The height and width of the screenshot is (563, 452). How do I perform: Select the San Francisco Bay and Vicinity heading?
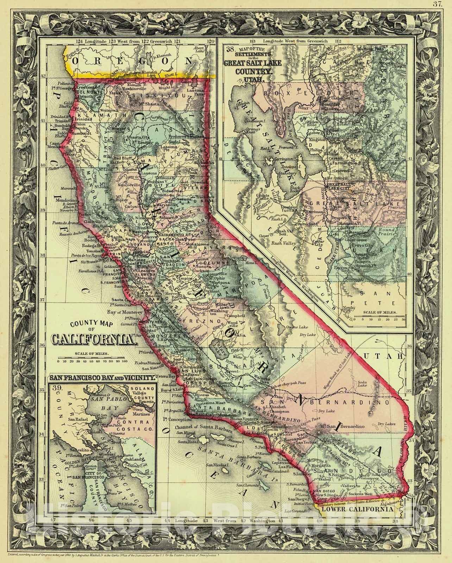point(102,378)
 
